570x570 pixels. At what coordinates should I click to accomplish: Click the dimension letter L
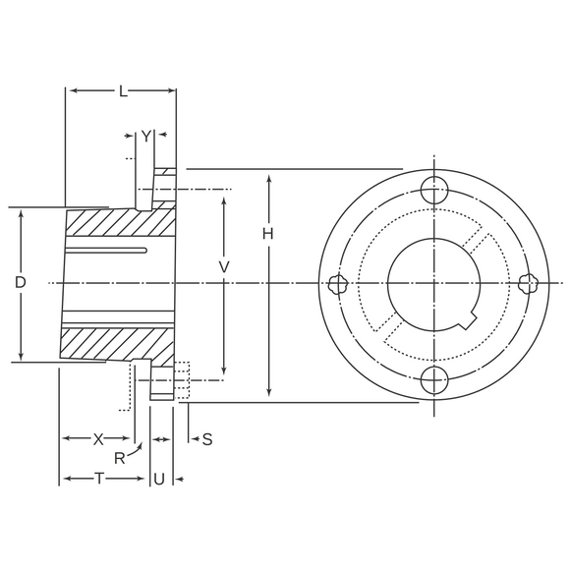[124, 92]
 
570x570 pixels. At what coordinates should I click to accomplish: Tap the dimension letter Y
[145, 137]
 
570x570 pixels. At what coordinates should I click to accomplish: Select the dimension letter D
[21, 282]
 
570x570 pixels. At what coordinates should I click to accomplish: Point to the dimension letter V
[224, 267]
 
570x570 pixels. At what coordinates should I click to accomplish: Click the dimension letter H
[268, 235]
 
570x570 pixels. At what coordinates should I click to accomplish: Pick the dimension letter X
[98, 439]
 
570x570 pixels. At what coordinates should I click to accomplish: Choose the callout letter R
[120, 459]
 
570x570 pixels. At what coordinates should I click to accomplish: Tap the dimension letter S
[207, 439]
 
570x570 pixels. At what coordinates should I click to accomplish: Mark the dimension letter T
[99, 479]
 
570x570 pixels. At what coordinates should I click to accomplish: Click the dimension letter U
[159, 480]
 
